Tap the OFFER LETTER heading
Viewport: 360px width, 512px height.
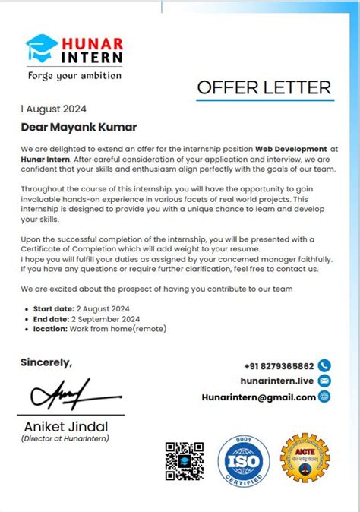click(264, 87)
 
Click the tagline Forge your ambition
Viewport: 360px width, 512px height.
click(74, 76)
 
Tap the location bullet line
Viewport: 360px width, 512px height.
click(99, 329)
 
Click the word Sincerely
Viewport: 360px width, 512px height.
click(46, 362)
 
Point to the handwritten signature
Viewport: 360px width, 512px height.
click(60, 394)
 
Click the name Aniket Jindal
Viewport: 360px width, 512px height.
click(66, 426)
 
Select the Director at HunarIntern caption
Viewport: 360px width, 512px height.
click(65, 438)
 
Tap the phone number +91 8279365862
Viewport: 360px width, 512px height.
click(279, 365)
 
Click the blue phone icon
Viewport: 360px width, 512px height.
click(325, 365)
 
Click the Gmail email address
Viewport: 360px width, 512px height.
click(258, 397)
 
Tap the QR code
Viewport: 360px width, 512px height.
click(185, 461)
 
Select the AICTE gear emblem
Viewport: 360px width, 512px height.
click(305, 459)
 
